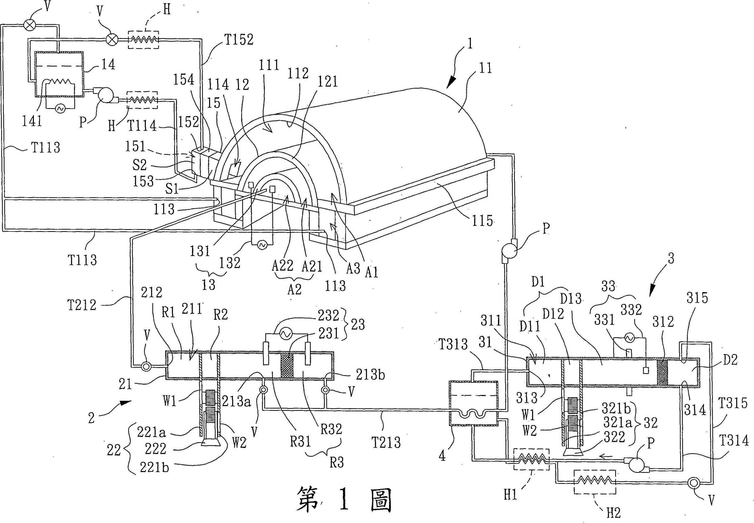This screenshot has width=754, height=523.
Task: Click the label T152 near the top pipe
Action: [x=239, y=40]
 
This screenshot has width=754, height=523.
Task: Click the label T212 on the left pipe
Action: [x=82, y=305]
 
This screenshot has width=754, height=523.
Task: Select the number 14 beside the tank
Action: [x=108, y=64]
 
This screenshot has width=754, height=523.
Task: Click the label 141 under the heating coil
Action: [x=32, y=121]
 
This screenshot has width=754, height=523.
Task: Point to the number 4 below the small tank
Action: [x=442, y=456]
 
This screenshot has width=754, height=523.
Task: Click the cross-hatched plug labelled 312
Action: [x=662, y=373]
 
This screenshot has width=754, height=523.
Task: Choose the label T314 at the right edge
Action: [x=734, y=441]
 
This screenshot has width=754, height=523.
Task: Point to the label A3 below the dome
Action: [x=353, y=269]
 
